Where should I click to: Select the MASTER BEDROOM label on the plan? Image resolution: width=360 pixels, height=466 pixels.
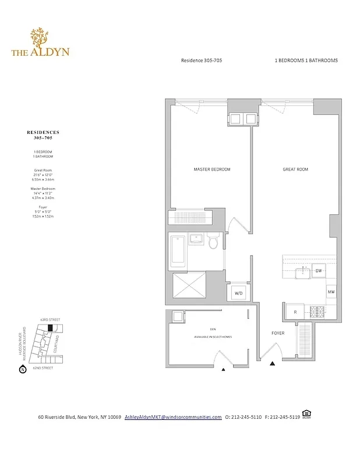pyautogui.click(x=211, y=170)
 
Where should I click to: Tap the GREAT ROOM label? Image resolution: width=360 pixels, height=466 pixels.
pyautogui.click(x=295, y=170)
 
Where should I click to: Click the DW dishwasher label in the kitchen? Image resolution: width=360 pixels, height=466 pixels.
pyautogui.click(x=319, y=271)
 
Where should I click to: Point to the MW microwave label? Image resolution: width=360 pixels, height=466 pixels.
pyautogui.click(x=331, y=292)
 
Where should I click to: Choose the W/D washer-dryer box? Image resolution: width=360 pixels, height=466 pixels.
pyautogui.click(x=238, y=294)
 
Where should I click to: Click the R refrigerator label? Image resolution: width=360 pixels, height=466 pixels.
pyautogui.click(x=295, y=312)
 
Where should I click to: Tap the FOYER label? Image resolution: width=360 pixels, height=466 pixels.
pyautogui.click(x=278, y=334)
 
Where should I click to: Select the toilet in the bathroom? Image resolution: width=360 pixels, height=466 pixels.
pyautogui.click(x=214, y=241)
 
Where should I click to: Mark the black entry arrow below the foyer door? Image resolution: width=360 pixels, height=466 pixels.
pyautogui.click(x=272, y=364)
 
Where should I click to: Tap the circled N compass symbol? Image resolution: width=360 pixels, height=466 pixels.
pyautogui.click(x=23, y=369)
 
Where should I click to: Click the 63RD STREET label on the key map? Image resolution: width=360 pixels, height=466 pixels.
pyautogui.click(x=51, y=320)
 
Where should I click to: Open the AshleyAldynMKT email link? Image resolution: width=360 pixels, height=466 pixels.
pyautogui.click(x=173, y=417)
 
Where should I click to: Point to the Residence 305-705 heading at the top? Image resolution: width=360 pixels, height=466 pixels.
pyautogui.click(x=202, y=61)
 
